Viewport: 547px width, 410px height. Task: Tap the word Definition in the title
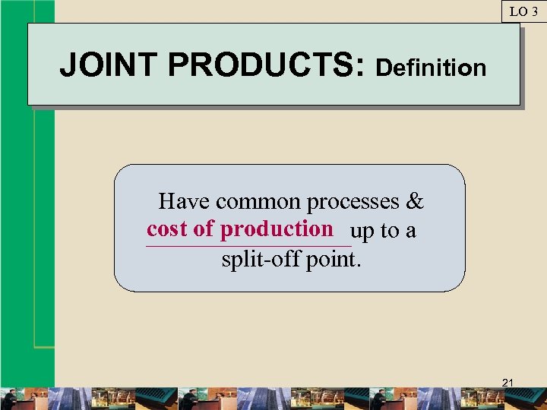[x=431, y=68]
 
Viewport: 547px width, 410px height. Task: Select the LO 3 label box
[x=523, y=11]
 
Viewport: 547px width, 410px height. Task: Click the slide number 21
[x=509, y=383]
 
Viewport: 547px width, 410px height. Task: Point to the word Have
[x=184, y=201]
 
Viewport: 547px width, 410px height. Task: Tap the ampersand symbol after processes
[x=415, y=201]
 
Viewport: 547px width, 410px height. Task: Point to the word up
[x=362, y=232]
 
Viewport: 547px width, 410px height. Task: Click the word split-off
[x=261, y=260]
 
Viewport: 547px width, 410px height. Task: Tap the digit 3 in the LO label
[x=533, y=11]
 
